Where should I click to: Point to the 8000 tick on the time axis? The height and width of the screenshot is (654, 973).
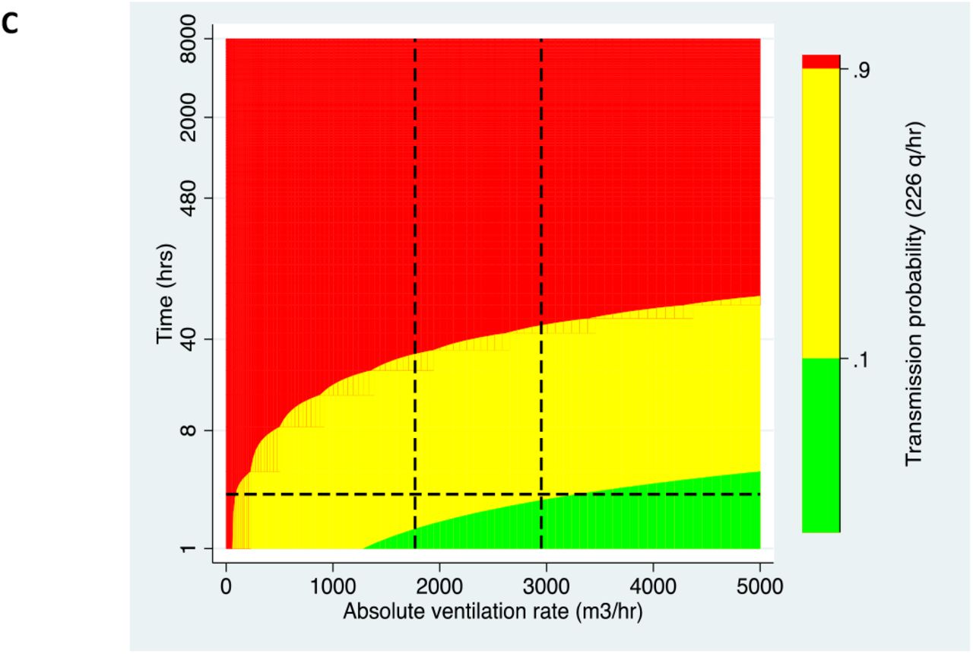(x=189, y=39)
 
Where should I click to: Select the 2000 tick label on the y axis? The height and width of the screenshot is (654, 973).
(x=189, y=117)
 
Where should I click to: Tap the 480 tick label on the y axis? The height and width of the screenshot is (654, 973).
(x=189, y=198)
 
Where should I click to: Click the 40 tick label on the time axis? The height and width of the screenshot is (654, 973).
(x=189, y=339)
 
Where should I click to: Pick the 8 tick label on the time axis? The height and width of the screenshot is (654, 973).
(x=189, y=430)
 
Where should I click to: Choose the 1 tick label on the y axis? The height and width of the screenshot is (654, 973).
(x=189, y=549)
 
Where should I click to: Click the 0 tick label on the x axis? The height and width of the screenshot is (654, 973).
(x=226, y=586)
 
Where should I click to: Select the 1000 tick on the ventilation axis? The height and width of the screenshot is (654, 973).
(x=333, y=586)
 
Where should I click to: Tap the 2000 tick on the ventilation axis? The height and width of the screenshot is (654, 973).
(x=439, y=586)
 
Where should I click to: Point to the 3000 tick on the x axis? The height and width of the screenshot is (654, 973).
(x=547, y=586)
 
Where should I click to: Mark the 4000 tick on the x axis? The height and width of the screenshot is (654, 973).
(x=653, y=586)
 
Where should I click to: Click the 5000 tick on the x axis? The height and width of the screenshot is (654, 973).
(x=760, y=586)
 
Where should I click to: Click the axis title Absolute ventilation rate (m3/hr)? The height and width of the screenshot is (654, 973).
(x=493, y=612)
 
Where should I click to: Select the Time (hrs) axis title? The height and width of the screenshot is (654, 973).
(x=166, y=294)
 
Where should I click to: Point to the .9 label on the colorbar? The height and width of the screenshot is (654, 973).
(x=861, y=71)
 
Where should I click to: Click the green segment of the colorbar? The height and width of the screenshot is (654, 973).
(x=821, y=446)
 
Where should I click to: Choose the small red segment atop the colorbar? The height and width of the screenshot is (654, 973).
(x=821, y=62)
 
